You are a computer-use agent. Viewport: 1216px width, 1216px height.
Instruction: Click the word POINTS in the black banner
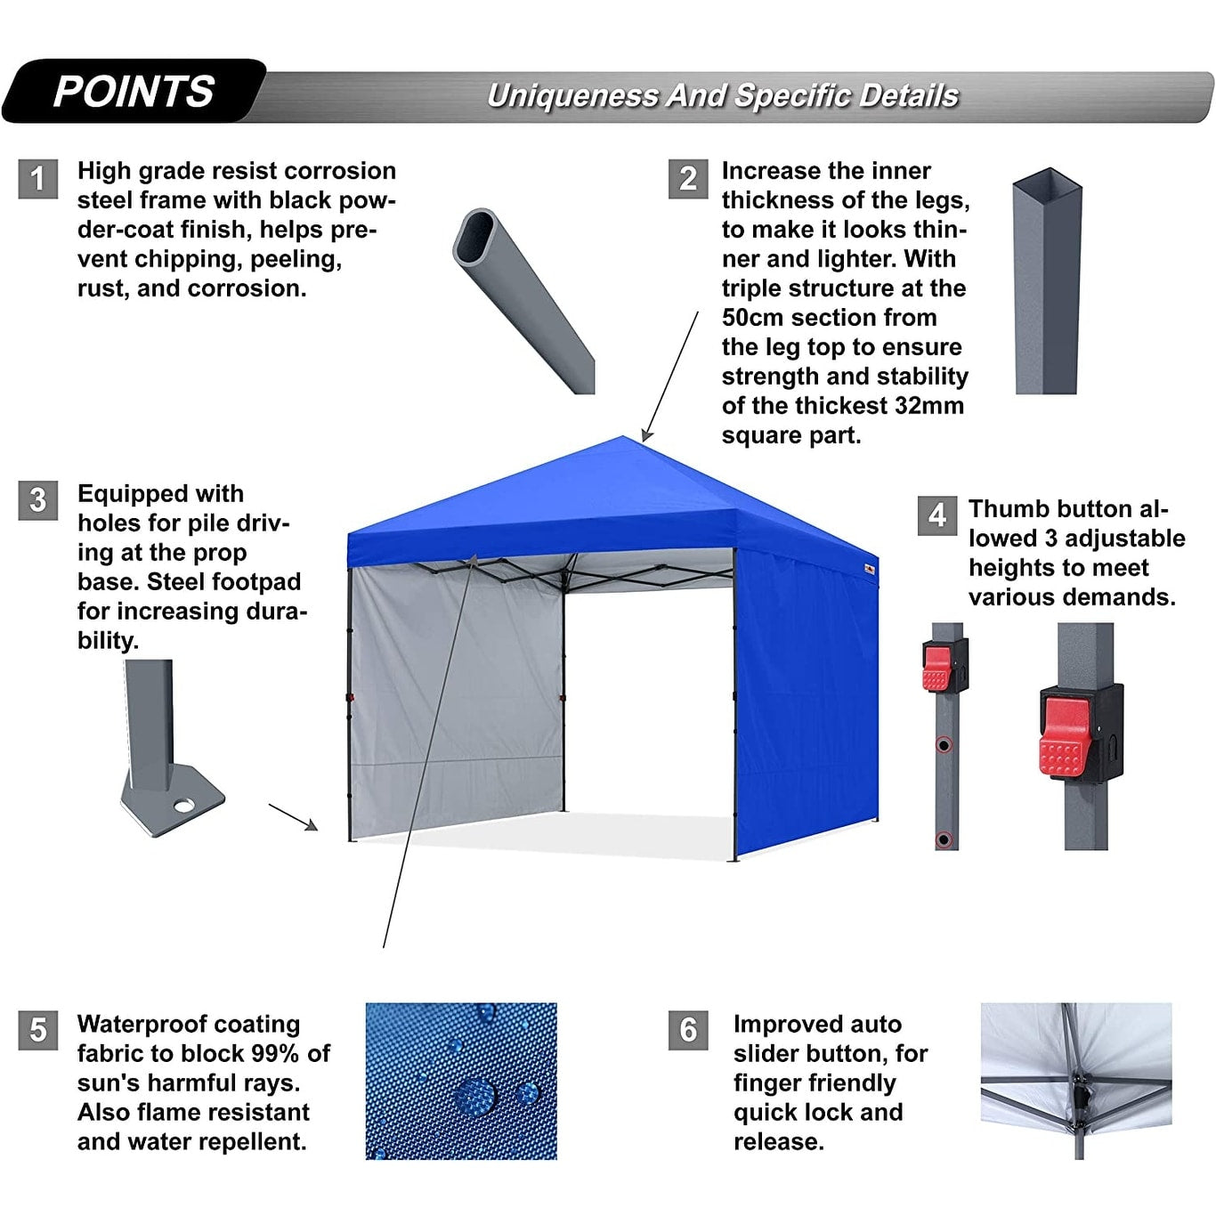pos(134,92)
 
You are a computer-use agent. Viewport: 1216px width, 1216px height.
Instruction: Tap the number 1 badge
pos(37,179)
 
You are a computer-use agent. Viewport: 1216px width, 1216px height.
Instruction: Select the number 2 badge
pos(688,179)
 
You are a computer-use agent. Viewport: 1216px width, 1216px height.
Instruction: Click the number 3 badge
pos(37,500)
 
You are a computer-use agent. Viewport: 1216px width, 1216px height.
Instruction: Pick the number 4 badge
pos(937,515)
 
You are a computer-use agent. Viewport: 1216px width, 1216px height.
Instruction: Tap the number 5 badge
pos(37,1030)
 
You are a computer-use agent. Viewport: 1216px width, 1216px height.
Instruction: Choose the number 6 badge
pos(688,1030)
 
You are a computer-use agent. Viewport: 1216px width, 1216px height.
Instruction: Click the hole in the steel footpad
pos(184,806)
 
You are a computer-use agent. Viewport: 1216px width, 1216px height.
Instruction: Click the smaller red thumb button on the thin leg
pos(936,669)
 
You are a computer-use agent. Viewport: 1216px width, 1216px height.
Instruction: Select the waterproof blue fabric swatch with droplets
pos(461,1081)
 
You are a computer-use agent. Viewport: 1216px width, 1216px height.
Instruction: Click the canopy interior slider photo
pos(1075,1081)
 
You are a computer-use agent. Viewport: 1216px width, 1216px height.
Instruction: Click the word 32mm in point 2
pos(928,406)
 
